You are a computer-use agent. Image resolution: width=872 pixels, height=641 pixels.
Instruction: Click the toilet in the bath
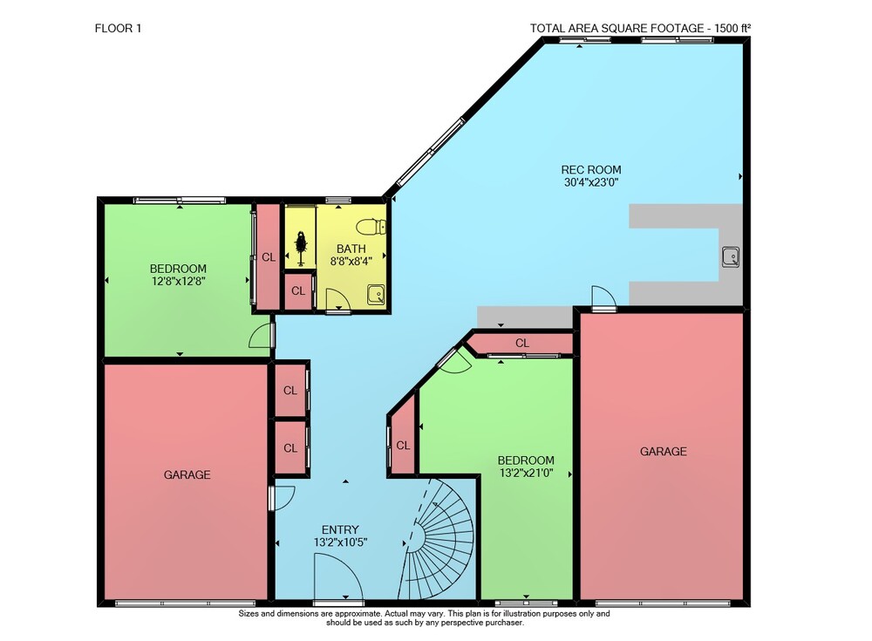click(x=371, y=227)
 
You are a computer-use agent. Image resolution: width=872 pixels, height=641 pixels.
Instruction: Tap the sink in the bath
click(x=376, y=295)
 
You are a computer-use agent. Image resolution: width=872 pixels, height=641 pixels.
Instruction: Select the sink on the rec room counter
click(x=730, y=256)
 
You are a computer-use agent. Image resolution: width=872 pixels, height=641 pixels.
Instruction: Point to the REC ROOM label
click(x=590, y=170)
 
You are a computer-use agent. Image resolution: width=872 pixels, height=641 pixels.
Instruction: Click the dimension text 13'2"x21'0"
click(x=526, y=474)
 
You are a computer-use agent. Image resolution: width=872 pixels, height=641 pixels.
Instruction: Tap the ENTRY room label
click(x=340, y=529)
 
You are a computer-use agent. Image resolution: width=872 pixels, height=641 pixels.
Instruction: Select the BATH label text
click(x=351, y=249)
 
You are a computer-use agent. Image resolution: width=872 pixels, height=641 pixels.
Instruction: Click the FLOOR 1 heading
click(x=118, y=29)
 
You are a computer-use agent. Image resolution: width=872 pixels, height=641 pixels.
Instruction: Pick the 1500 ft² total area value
click(x=733, y=29)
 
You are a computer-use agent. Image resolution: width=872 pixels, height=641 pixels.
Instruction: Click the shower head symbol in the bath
click(x=301, y=243)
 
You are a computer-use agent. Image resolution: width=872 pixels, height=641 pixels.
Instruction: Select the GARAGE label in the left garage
click(x=187, y=474)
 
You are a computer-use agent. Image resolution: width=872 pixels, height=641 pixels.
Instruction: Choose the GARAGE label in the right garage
click(x=663, y=451)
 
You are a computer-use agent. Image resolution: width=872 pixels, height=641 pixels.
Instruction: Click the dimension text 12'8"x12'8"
click(x=179, y=281)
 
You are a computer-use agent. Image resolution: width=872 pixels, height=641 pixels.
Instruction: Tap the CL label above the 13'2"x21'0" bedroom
click(x=521, y=343)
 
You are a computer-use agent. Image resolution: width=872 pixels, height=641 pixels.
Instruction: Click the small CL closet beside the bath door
click(x=298, y=290)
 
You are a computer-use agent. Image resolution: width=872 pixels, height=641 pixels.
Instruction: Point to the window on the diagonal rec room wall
click(x=431, y=152)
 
